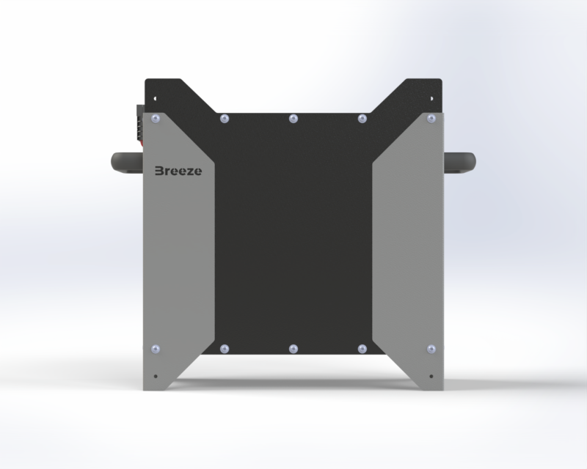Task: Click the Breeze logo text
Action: [178, 171]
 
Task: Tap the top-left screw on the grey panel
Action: [156, 119]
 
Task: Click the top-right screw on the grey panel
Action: [431, 119]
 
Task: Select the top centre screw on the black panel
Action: [293, 119]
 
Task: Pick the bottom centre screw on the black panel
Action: [293, 349]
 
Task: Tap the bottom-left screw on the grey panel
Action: [156, 349]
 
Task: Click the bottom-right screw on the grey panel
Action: [431, 349]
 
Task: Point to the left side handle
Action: [127, 163]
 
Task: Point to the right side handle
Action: [460, 163]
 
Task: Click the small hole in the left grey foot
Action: [156, 376]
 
